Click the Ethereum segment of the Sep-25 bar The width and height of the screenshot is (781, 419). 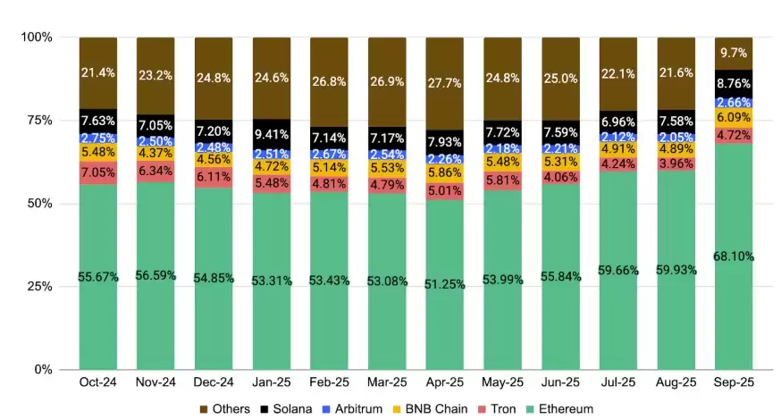733,295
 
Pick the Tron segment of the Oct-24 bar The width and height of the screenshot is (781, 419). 98,172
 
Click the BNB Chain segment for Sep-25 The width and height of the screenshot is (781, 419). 733,117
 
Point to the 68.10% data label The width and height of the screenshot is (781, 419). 733,256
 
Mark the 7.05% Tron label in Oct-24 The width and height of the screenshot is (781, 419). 98,172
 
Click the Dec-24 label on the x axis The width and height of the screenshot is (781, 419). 214,382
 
